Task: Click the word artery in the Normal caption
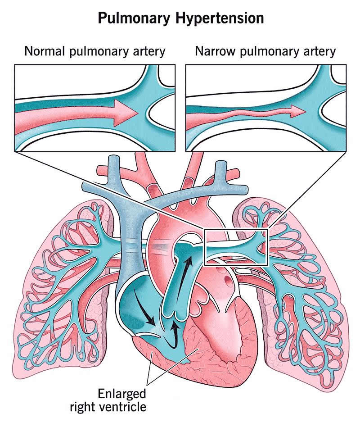(x=148, y=51)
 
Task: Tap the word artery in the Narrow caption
(x=319, y=51)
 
